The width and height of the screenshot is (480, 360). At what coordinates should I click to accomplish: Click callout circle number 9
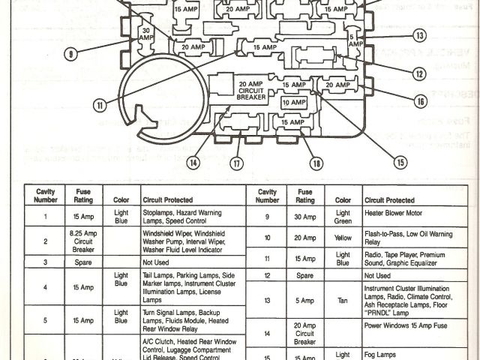[70, 54]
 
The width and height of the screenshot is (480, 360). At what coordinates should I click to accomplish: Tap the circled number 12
[418, 73]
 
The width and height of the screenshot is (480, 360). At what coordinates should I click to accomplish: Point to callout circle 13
[420, 35]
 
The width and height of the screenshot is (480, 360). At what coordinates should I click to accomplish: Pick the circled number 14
[193, 161]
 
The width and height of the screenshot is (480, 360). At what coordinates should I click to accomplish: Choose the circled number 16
[420, 100]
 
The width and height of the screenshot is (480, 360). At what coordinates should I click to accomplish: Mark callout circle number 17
[237, 163]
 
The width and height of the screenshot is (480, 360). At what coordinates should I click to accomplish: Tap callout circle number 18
[316, 163]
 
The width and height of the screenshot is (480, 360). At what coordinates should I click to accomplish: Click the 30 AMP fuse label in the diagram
[145, 34]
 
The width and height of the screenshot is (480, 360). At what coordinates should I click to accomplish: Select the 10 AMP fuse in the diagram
[294, 102]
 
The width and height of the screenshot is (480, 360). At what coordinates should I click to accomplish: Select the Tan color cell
[343, 300]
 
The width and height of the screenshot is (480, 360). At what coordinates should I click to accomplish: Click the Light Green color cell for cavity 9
[343, 217]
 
